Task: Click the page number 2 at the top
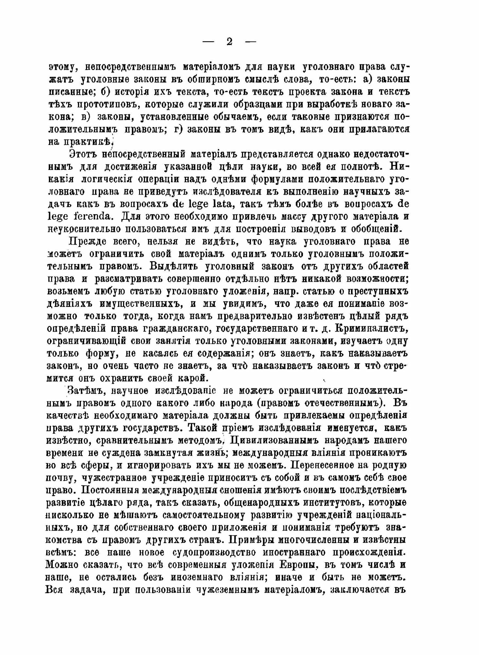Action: pyautogui.click(x=229, y=42)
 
